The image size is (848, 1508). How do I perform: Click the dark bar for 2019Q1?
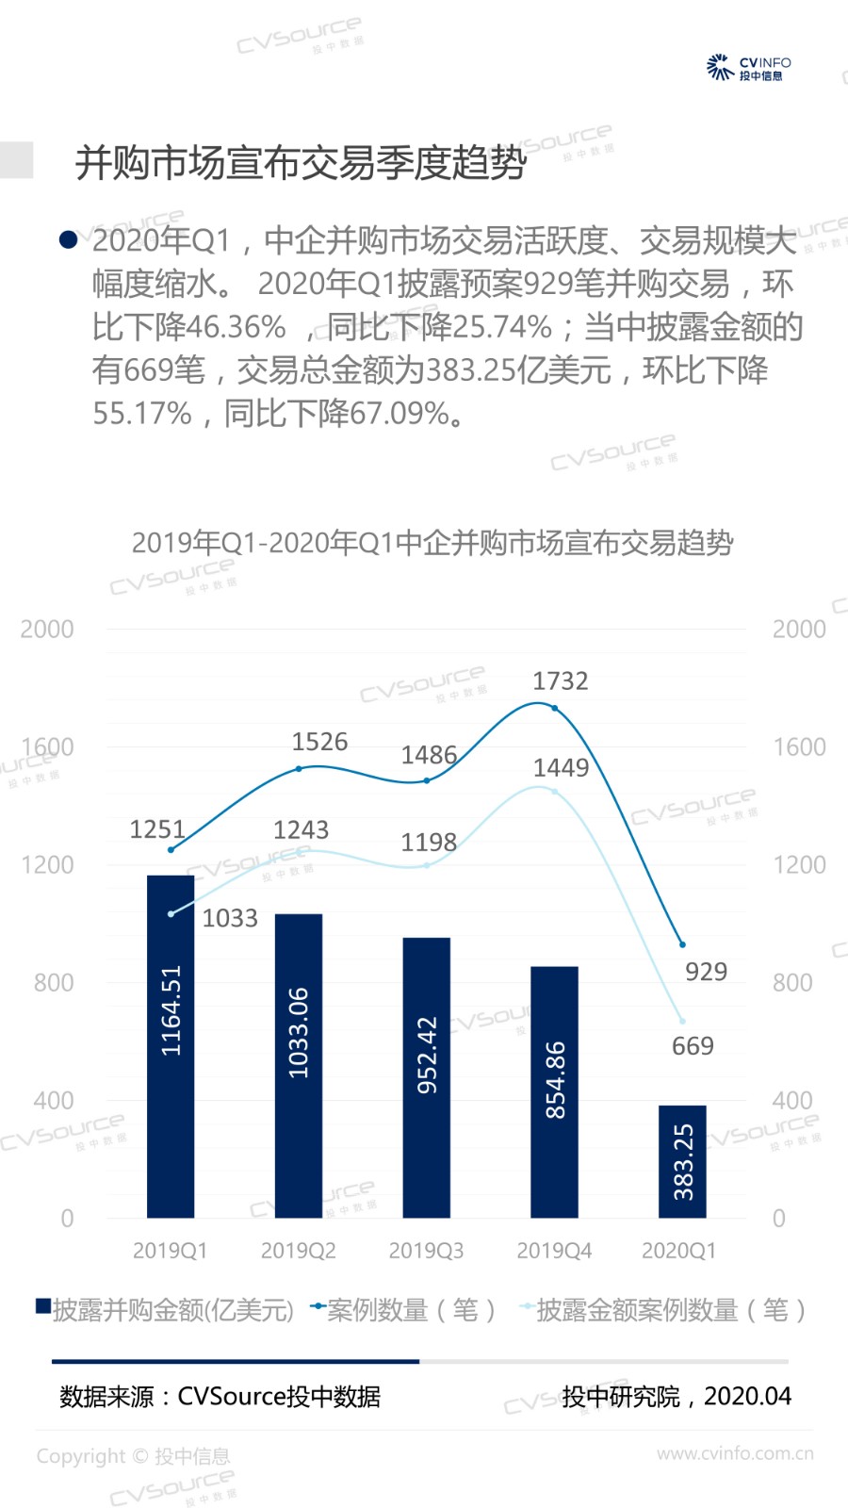pyautogui.click(x=171, y=1046)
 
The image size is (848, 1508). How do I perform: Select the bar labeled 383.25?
pyautogui.click(x=682, y=1161)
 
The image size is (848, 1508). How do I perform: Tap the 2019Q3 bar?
pyautogui.click(x=426, y=1077)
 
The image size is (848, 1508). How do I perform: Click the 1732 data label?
pyautogui.click(x=560, y=680)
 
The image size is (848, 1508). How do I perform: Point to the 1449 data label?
pyautogui.click(x=561, y=767)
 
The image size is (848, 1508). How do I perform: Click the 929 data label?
pyautogui.click(x=706, y=972)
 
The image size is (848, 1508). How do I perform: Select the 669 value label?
pyautogui.click(x=693, y=1046)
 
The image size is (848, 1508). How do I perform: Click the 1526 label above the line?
pyautogui.click(x=319, y=742)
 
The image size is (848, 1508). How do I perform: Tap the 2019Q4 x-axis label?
pyautogui.click(x=554, y=1251)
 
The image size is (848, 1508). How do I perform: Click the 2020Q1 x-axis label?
pyautogui.click(x=678, y=1251)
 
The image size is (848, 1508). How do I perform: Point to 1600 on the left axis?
pyautogui.click(x=47, y=747)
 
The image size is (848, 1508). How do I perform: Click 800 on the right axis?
pyautogui.click(x=791, y=983)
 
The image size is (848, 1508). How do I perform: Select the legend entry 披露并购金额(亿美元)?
pyautogui.click(x=165, y=1310)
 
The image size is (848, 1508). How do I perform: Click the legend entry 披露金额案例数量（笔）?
pyautogui.click(x=663, y=1310)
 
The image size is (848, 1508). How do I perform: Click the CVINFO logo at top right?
pyautogui.click(x=749, y=68)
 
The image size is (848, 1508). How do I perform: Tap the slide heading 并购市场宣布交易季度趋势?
pyautogui.click(x=301, y=163)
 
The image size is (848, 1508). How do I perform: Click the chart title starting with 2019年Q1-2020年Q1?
pyautogui.click(x=432, y=543)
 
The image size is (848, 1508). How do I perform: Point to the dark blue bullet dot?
pyautogui.click(x=68, y=240)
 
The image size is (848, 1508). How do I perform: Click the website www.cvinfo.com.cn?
pyautogui.click(x=735, y=1453)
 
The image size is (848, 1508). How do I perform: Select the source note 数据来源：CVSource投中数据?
pyautogui.click(x=220, y=1396)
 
